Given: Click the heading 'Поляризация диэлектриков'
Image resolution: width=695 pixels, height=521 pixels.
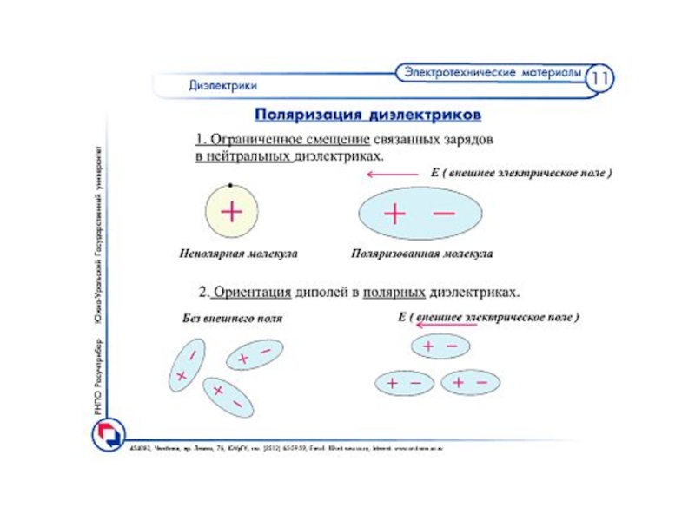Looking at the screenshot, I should point(367,115).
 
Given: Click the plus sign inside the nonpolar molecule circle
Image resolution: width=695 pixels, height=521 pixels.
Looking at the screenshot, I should point(231,211).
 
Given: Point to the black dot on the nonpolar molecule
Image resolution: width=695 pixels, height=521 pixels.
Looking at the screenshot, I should point(229,185).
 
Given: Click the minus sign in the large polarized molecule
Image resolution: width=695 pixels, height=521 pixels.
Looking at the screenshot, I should point(443,212).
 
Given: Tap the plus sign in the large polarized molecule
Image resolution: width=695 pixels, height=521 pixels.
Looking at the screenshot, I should point(394,214).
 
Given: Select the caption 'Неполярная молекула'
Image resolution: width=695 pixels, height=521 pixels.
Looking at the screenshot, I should point(239,254).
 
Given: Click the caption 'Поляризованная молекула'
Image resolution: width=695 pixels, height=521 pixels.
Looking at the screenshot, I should point(422,254).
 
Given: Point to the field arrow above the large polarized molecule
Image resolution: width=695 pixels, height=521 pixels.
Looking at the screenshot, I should point(394,175).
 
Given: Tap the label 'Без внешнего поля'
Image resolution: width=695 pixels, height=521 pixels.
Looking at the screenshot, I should point(232,319).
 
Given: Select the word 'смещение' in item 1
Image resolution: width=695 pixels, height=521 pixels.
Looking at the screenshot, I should point(337,139).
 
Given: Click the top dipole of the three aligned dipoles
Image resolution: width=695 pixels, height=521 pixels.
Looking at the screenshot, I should point(440,346).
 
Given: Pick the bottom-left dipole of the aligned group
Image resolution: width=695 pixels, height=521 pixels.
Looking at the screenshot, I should point(404,382).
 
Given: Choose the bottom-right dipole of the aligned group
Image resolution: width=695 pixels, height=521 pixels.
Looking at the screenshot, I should point(470,382).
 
